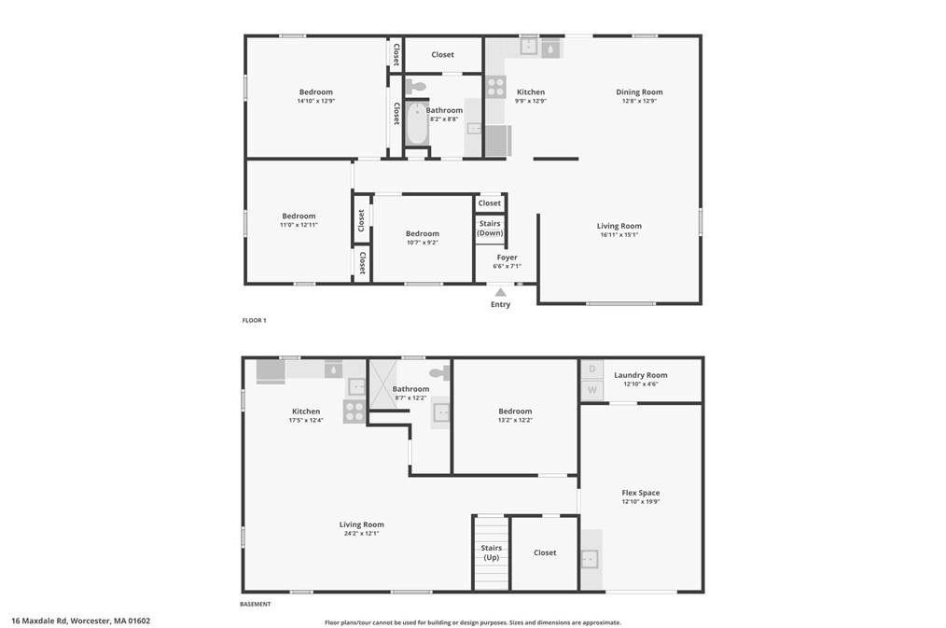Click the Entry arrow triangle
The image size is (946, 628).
click(500, 292)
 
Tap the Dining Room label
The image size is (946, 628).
click(639, 91)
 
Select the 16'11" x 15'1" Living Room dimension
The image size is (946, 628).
click(619, 235)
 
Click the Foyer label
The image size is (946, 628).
click(507, 258)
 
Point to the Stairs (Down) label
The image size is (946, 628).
click(490, 228)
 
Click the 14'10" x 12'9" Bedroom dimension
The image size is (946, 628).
click(315, 101)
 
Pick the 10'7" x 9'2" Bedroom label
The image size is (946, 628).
click(422, 233)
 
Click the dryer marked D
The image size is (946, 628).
click(591, 370)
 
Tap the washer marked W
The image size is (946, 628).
click(591, 390)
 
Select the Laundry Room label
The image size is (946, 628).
click(641, 375)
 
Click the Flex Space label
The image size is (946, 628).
click(641, 493)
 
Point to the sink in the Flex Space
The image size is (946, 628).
click(591, 559)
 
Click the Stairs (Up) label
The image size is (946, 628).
click(492, 552)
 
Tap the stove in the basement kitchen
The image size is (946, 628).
click(355, 412)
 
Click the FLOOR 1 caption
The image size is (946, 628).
click(255, 320)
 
